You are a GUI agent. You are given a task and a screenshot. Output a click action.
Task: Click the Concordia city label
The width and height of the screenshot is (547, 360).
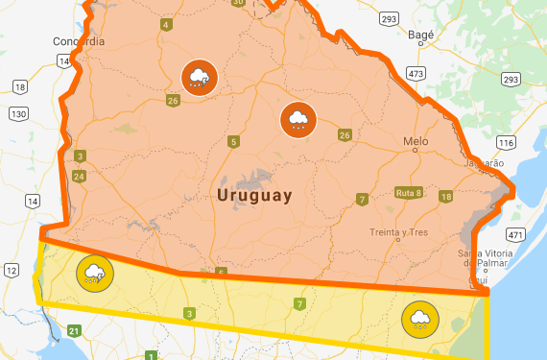click(x=80, y=41)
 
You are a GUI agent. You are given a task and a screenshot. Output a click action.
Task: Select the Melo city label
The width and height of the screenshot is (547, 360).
click(x=416, y=140)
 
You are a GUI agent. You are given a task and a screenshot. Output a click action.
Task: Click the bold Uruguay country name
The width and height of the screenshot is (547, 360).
click(x=254, y=195)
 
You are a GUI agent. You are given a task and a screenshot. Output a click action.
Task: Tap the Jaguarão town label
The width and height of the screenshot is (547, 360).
click(x=483, y=163)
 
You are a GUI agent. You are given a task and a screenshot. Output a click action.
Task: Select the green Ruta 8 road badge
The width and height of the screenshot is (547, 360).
click(x=409, y=193)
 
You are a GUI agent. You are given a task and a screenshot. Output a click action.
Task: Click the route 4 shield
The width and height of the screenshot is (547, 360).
click(x=167, y=24)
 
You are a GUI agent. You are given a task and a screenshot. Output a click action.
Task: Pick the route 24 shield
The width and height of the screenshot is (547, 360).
click(x=79, y=176)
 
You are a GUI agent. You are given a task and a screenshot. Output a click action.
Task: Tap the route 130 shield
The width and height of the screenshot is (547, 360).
click(x=17, y=113)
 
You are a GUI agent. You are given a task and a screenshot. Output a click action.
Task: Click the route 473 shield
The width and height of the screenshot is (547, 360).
click(x=416, y=73)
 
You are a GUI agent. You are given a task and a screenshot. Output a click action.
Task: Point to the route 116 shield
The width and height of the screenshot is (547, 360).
click(x=505, y=141)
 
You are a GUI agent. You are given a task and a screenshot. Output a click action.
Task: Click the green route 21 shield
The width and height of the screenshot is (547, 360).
click(x=74, y=330)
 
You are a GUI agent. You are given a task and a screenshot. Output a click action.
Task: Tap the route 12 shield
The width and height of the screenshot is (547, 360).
click(x=11, y=271)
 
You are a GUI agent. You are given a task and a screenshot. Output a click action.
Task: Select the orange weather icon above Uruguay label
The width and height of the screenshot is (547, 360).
click(x=297, y=119)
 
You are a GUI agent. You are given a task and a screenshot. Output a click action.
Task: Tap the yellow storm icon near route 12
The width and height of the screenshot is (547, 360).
click(x=95, y=275)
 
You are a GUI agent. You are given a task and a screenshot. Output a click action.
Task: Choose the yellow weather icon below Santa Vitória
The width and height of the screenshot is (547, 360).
click(x=419, y=318)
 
